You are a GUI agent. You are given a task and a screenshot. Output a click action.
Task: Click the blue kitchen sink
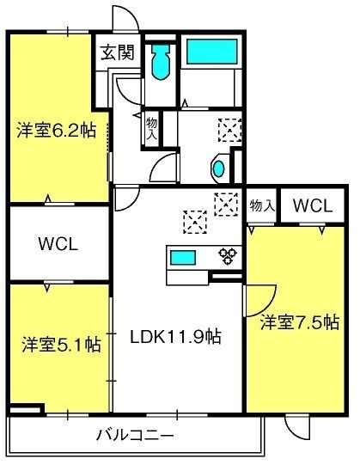pos(182,256)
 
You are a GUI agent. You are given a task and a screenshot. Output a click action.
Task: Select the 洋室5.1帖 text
pos(60,346)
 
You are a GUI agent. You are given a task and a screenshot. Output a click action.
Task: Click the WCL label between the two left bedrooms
pos(58,243)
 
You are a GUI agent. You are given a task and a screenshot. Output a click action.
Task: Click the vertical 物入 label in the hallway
pos(152,130)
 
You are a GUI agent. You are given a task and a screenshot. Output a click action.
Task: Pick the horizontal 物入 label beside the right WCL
pos(261,206)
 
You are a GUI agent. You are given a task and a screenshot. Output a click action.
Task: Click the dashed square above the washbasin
pos(229,130)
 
